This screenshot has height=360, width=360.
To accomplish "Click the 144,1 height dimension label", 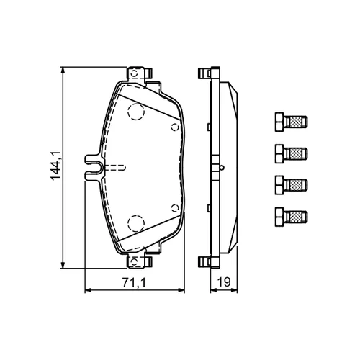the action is (x=55, y=166).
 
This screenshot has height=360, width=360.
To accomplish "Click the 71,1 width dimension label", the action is (x=134, y=282).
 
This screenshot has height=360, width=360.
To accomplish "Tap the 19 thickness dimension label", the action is (x=223, y=282).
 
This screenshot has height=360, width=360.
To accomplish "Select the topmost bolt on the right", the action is (x=292, y=122).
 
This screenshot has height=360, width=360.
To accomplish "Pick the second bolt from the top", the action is (x=292, y=153).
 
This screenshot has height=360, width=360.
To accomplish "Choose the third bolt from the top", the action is (x=292, y=185).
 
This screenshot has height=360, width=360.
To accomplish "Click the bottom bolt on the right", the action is (x=292, y=217).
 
